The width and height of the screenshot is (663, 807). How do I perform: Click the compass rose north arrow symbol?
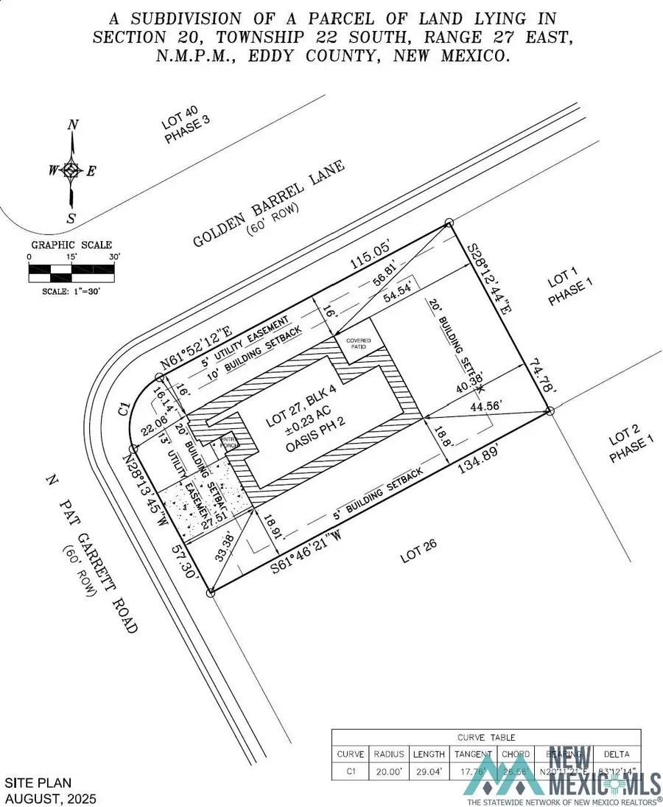pos(71,170)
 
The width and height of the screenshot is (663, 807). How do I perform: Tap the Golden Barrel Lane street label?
pos(269,204)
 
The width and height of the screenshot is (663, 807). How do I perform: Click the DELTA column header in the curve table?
pos(617,754)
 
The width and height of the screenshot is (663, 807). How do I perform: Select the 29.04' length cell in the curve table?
pos(429,771)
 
